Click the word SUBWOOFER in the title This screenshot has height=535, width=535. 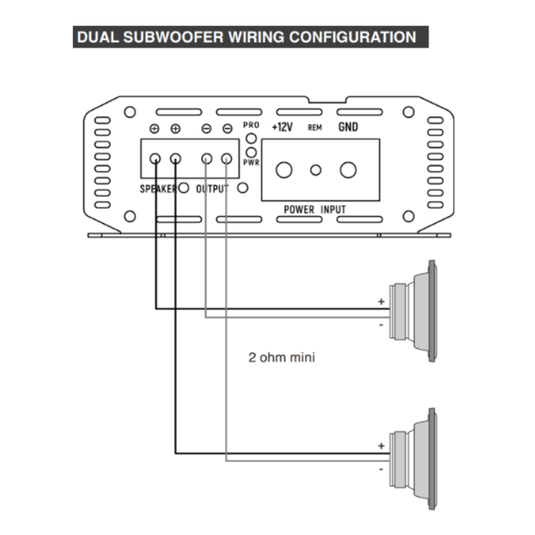click(173, 37)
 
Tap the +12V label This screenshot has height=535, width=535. click(282, 127)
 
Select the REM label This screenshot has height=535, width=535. click(315, 127)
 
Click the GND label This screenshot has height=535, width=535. click(348, 127)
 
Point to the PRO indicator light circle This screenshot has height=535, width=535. click(251, 138)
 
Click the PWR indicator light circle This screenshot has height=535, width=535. click(251, 152)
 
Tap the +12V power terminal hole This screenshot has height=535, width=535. click(284, 170)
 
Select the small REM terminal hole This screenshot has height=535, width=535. click(316, 170)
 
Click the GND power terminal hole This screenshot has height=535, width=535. click(348, 170)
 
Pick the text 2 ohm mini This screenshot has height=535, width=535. click(282, 357)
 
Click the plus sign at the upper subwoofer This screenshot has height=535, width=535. click(381, 301)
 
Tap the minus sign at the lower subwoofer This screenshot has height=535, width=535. click(381, 469)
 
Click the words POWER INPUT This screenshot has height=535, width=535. click(315, 209)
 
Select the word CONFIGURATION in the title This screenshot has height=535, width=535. click(353, 37)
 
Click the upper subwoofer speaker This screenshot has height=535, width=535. click(413, 311)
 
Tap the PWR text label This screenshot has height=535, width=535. click(251, 163)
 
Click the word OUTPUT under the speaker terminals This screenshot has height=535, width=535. click(212, 189)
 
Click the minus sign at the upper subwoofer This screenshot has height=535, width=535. click(381, 325)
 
